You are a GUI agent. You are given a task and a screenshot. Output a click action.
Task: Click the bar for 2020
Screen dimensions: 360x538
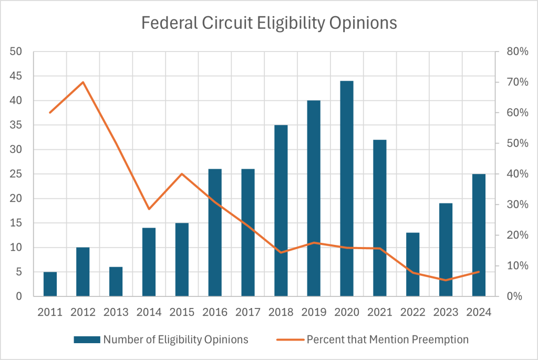coord(347,189)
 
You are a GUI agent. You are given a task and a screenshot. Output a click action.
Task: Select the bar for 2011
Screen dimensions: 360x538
coord(50,284)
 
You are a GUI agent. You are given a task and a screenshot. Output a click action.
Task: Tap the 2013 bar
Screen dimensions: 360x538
coord(116,282)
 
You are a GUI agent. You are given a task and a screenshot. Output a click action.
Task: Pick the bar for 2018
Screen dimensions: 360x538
coord(281,211)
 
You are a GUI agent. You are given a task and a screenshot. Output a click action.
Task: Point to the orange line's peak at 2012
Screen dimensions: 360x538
coord(83,82)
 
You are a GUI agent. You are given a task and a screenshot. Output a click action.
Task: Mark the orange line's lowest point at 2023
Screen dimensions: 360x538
coord(446,280)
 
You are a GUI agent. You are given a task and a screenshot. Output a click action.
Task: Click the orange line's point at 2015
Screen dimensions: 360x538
coord(182,174)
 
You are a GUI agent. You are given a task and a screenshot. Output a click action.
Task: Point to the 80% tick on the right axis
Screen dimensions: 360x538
coord(517,52)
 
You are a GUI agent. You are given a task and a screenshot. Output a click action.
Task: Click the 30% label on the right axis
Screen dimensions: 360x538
coord(517,204)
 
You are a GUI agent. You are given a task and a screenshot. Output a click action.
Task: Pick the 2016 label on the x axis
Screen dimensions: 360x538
coord(215,312)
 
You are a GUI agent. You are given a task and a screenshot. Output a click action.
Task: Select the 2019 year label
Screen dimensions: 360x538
coord(314,312)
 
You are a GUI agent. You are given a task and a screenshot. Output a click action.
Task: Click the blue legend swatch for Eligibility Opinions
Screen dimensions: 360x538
coord(86,340)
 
